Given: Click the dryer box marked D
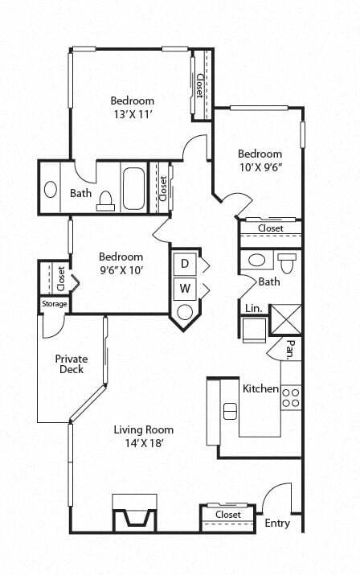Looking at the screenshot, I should click(184, 263).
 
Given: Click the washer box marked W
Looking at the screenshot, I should click(184, 288).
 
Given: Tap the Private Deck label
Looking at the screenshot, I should click(72, 364).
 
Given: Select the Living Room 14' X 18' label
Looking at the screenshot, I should click(143, 436).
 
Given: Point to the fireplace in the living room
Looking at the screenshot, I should click(133, 514).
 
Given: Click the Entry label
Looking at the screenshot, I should click(277, 524).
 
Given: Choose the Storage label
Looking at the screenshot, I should click(55, 304).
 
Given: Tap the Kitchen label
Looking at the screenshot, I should click(260, 389).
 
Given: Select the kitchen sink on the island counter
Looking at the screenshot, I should click(230, 410).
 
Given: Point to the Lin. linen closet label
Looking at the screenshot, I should click(252, 307).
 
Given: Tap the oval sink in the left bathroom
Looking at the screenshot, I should click(51, 191).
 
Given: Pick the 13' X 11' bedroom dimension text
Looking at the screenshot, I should click(133, 115).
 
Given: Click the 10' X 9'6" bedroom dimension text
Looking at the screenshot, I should click(260, 168).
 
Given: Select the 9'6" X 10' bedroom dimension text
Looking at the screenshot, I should click(121, 270).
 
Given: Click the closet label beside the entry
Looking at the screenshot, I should click(228, 515).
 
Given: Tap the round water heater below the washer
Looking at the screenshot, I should click(184, 312).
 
